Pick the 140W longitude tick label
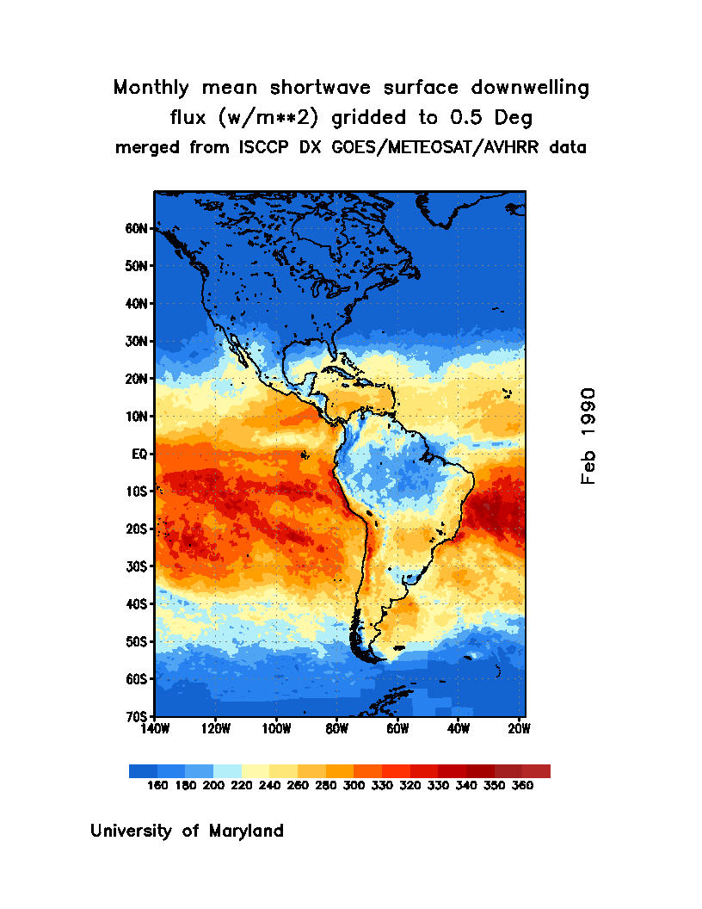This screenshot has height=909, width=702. (155, 728)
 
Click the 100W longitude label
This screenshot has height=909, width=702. (276, 728)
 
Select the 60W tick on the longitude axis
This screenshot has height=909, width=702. (397, 728)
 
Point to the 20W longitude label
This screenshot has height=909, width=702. (519, 728)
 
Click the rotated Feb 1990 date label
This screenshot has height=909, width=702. (588, 436)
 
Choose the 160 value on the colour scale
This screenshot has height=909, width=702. (157, 785)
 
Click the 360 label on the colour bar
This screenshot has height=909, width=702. (521, 785)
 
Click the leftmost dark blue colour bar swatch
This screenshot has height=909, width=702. (143, 771)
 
